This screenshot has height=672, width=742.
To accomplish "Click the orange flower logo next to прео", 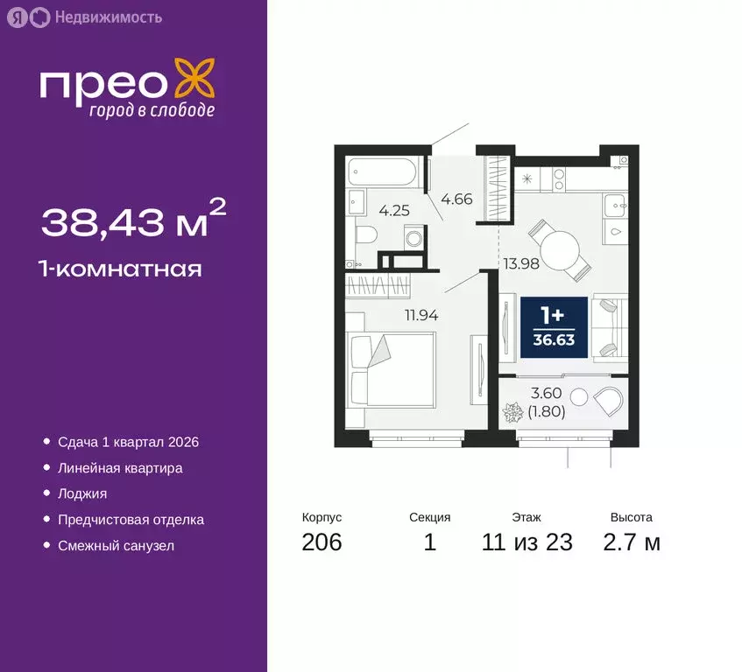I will (x=194, y=80).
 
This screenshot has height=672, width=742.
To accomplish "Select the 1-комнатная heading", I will (x=121, y=269).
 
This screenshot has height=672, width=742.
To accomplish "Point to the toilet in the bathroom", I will (x=368, y=234).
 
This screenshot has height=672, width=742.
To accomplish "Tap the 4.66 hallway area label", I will (x=456, y=199).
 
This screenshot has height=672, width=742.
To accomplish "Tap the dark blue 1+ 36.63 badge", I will (x=554, y=327).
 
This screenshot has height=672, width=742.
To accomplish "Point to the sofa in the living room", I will (x=609, y=328).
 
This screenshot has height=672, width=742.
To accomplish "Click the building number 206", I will (x=322, y=542).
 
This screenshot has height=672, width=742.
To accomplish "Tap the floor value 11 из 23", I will (x=526, y=542).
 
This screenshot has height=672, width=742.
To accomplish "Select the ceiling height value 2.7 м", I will (x=631, y=542).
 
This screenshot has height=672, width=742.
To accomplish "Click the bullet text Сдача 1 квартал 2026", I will (x=128, y=442).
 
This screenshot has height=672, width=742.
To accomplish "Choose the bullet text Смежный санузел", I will (x=116, y=545).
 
